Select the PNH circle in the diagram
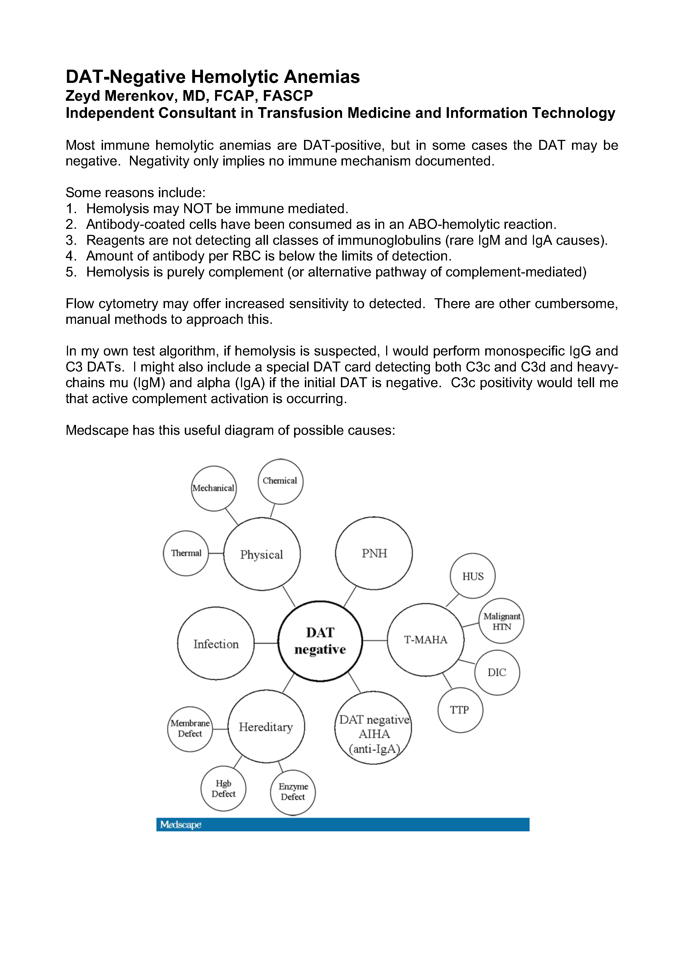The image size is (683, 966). (x=374, y=553)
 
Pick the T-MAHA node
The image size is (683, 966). (x=425, y=640)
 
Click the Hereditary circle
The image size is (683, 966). (x=266, y=727)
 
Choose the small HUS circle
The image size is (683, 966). (x=473, y=576)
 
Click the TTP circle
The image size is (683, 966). (x=460, y=710)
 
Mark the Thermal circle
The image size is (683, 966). (x=186, y=553)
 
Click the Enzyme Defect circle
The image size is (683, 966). (x=293, y=793)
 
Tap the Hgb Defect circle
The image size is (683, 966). (x=223, y=788)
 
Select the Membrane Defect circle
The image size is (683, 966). (x=190, y=729)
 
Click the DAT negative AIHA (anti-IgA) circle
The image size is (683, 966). (x=373, y=734)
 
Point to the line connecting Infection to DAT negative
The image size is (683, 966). (x=266, y=643)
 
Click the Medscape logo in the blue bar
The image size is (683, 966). (x=181, y=825)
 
